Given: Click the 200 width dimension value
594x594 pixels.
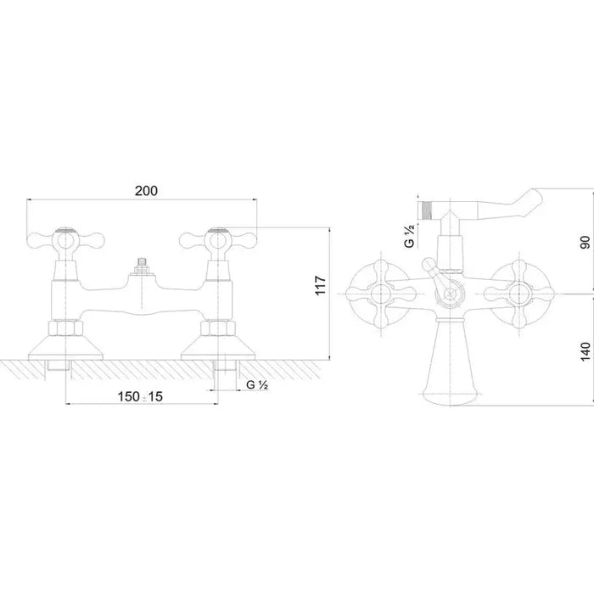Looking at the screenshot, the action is click(146, 191).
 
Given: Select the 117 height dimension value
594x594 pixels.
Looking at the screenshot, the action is click(321, 286).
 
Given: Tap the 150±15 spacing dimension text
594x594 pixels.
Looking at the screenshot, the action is click(140, 396).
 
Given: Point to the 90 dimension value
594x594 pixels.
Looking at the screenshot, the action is click(586, 242).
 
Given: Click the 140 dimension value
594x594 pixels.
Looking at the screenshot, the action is click(586, 351).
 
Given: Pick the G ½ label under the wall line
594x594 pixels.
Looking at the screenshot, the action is click(257, 385).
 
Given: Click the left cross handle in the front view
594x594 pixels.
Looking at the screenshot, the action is click(65, 240).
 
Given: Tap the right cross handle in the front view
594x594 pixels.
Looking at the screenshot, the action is click(218, 240).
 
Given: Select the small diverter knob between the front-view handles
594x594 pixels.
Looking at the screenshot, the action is click(142, 266).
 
